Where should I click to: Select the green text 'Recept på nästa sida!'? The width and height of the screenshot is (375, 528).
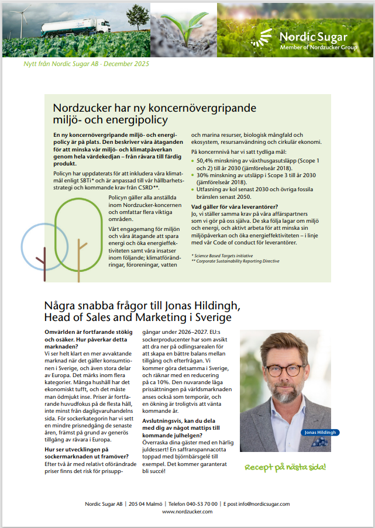[285, 468]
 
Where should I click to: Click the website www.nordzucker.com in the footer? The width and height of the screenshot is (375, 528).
[187, 512]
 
